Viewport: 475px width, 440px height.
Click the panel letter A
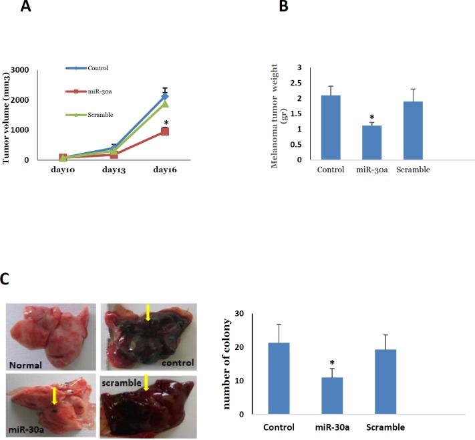pyautogui.click(x=26, y=7)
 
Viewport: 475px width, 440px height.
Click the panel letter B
pyautogui.click(x=283, y=7)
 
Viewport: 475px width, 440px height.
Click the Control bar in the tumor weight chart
pyautogui.click(x=331, y=128)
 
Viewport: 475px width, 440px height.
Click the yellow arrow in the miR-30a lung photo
pyautogui.click(x=56, y=396)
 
